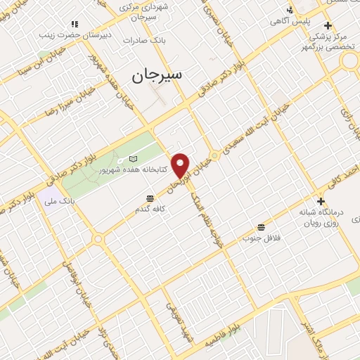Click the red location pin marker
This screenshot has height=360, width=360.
click(181, 166)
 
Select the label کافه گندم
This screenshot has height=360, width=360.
click(152, 209)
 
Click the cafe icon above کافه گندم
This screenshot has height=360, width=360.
click(149, 198)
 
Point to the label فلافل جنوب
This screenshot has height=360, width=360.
click(262, 238)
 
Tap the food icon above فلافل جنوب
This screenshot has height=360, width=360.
click(262, 227)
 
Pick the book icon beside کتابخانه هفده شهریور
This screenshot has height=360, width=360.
click(134, 160)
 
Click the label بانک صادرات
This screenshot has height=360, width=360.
click(143, 40)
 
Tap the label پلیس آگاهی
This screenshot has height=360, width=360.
click(290, 22)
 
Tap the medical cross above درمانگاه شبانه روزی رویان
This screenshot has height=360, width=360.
click(321, 201)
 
